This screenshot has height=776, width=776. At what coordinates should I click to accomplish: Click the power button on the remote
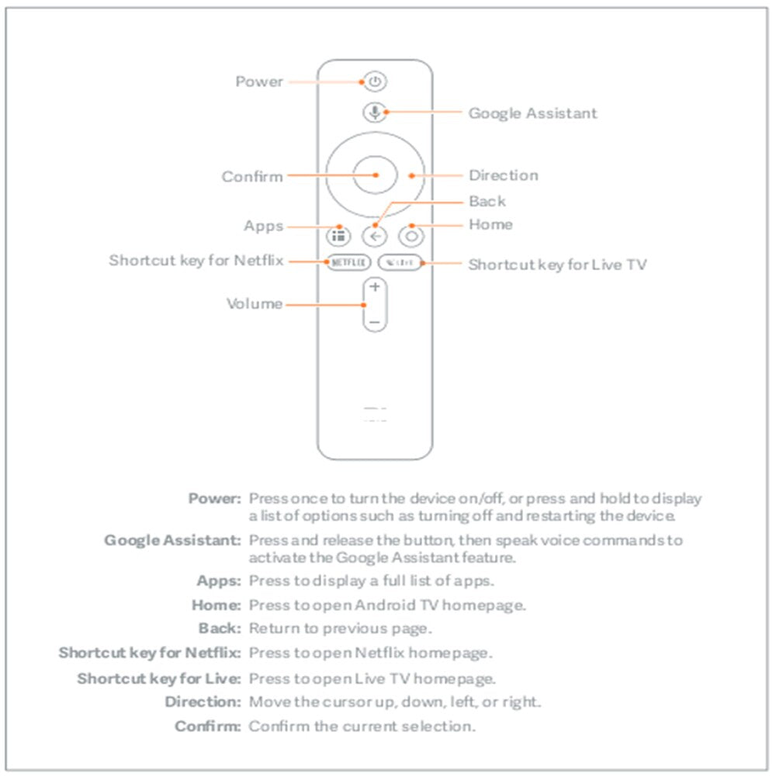click(x=375, y=81)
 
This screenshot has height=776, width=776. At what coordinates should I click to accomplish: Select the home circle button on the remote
click(x=411, y=236)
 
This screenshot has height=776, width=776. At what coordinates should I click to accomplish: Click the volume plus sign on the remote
click(x=375, y=287)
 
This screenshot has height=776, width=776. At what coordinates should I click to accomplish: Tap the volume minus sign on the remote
click(x=375, y=320)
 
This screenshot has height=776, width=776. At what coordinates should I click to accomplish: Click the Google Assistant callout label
click(x=532, y=113)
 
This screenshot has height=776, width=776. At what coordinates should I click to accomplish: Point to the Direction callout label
click(x=503, y=175)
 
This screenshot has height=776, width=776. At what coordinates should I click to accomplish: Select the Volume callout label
click(x=255, y=303)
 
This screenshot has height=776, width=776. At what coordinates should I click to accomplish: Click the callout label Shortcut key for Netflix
click(x=196, y=261)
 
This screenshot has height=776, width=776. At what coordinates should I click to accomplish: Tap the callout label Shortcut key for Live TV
click(x=557, y=265)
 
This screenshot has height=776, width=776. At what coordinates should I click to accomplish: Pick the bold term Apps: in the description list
click(x=220, y=580)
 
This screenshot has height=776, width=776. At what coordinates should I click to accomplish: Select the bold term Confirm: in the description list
click(x=209, y=726)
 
